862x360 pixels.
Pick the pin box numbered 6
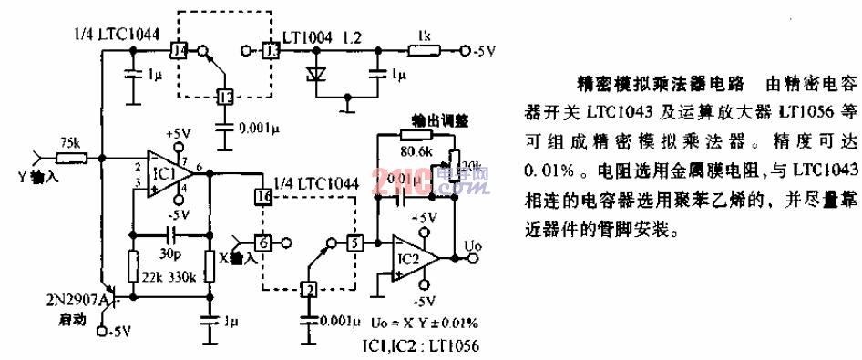(262, 242)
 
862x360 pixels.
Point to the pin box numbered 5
(354, 242)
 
